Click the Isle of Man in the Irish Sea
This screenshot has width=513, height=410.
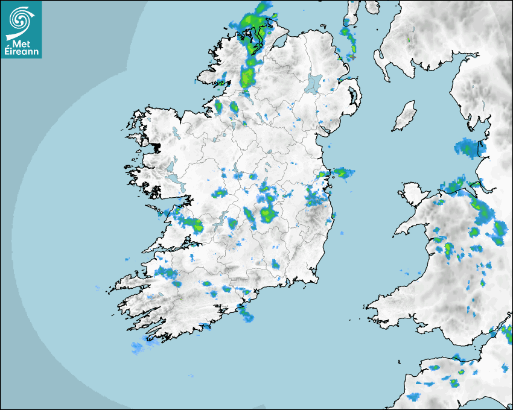pyautogui.click(x=404, y=116)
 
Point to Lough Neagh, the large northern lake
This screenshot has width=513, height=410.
pyautogui.click(x=314, y=83)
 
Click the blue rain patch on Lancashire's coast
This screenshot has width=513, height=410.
pyautogui.click(x=468, y=147)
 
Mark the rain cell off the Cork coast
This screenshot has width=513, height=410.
pyautogui.click(x=246, y=312)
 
